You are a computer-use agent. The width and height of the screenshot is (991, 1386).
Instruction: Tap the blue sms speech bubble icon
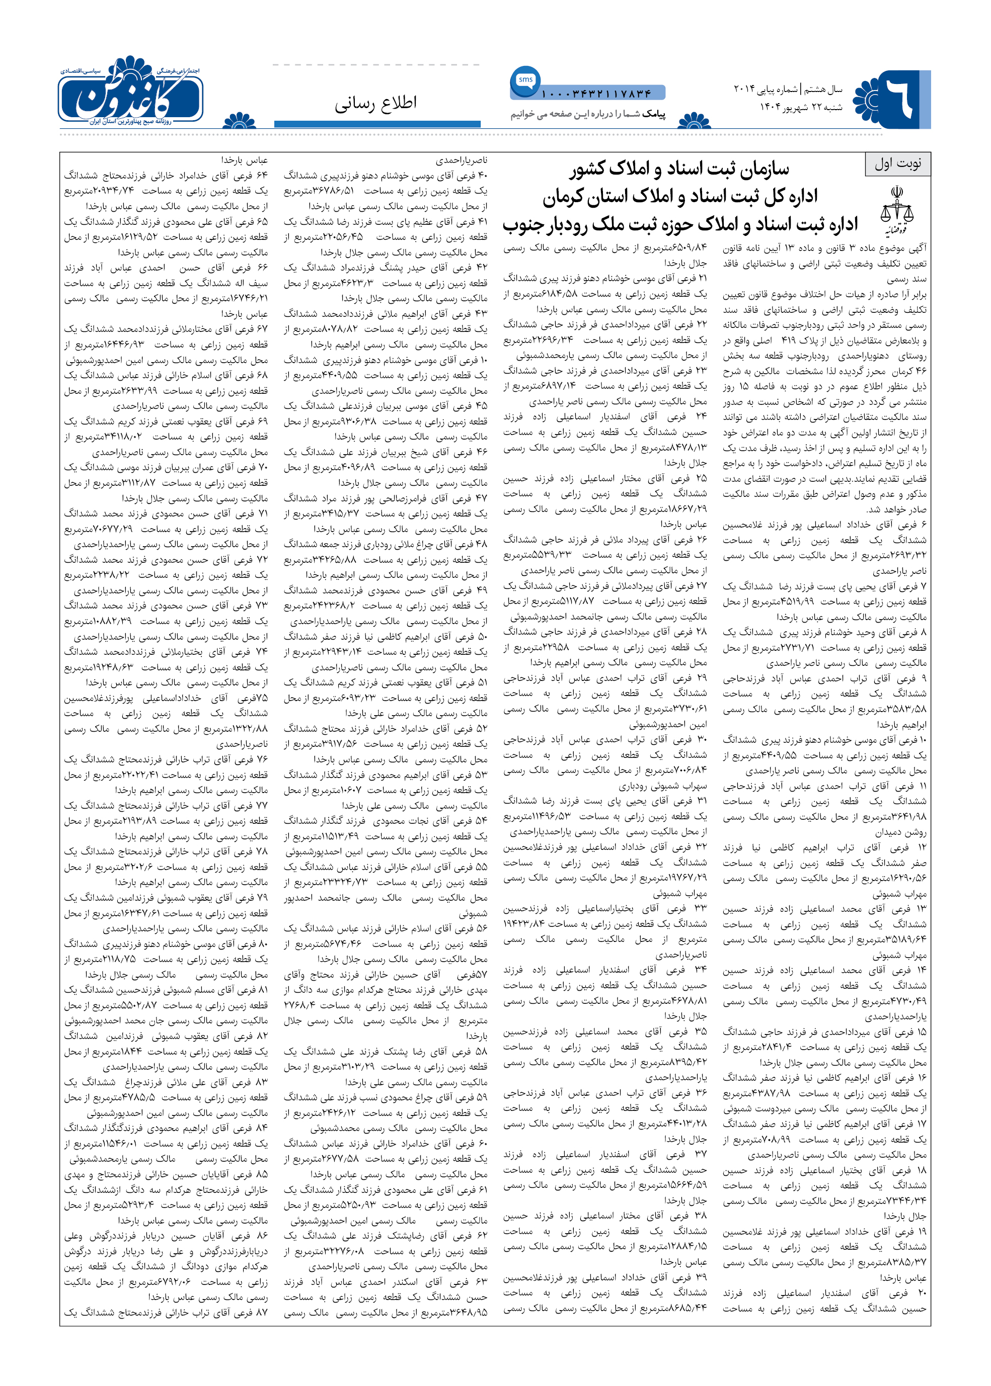coord(525,80)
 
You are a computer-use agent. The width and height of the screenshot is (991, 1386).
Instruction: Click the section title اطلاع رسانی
coord(375,104)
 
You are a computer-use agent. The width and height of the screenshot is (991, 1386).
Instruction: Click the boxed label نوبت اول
coord(897,164)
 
